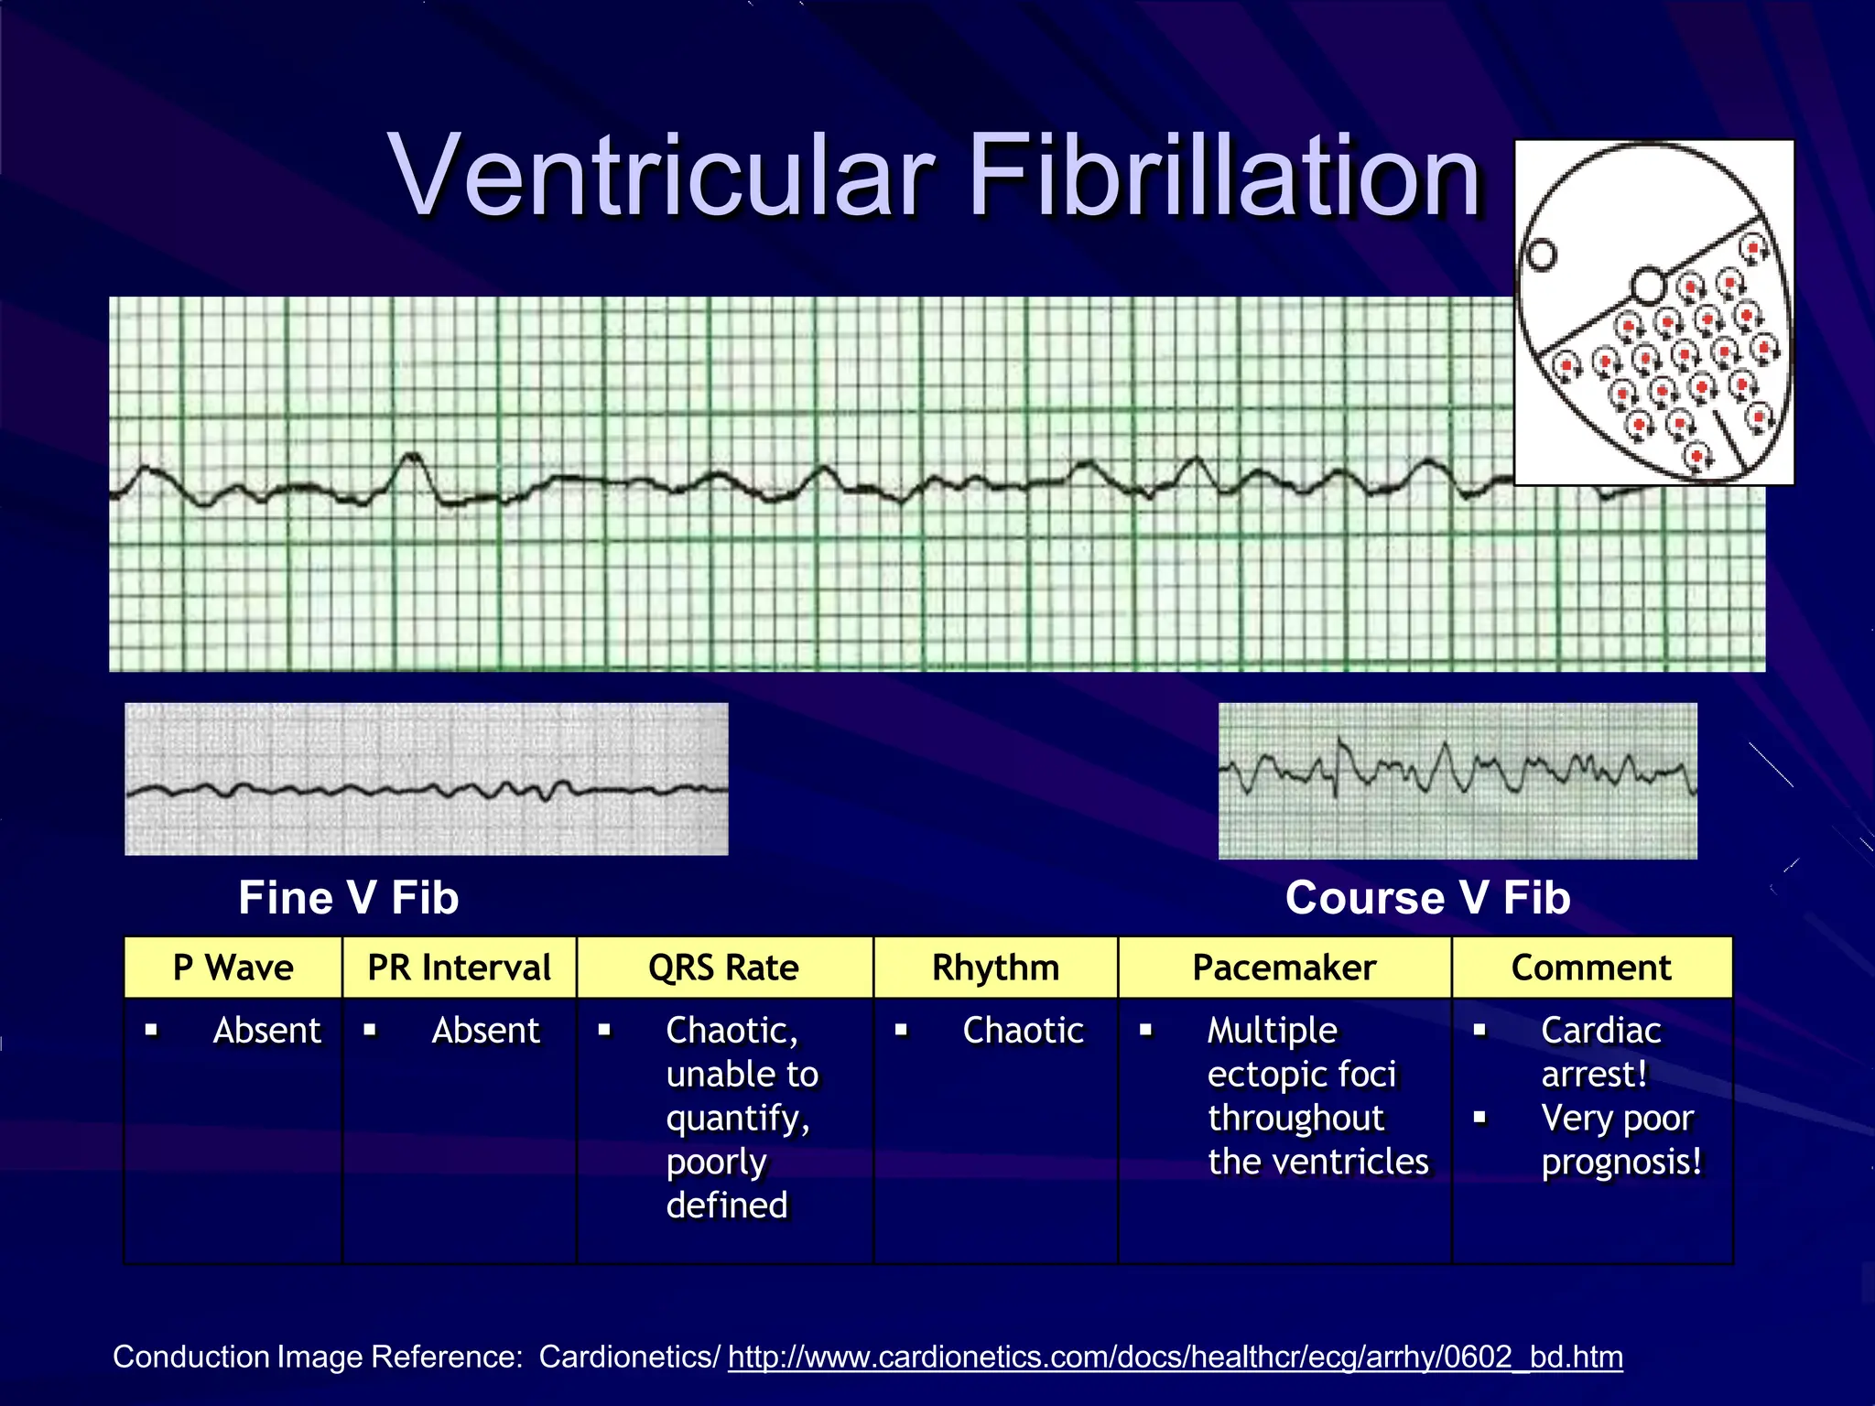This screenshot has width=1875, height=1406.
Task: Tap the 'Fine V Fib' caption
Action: [348, 897]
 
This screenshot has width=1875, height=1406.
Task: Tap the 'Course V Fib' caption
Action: [1427, 897]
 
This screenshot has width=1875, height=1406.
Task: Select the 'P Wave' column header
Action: [233, 968]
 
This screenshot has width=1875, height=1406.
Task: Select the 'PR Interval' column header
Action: [459, 968]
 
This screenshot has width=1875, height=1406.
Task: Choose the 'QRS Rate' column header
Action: [723, 968]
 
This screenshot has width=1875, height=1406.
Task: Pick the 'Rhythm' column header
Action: [995, 968]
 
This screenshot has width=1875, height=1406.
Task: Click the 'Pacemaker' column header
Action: [1284, 968]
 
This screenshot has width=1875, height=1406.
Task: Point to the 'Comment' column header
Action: [1591, 968]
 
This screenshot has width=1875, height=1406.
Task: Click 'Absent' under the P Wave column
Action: [266, 1031]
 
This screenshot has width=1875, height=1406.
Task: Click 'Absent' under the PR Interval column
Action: [485, 1031]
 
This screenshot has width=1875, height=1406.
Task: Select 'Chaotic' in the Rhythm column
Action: [1023, 1031]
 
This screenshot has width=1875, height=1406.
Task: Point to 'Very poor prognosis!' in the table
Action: [1620, 1140]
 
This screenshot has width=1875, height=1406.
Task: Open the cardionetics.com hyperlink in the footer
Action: [1175, 1357]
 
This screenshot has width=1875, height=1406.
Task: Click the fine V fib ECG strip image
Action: [426, 779]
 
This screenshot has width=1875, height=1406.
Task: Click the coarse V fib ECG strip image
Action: [1458, 781]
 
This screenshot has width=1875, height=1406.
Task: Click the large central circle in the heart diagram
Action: [1649, 287]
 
